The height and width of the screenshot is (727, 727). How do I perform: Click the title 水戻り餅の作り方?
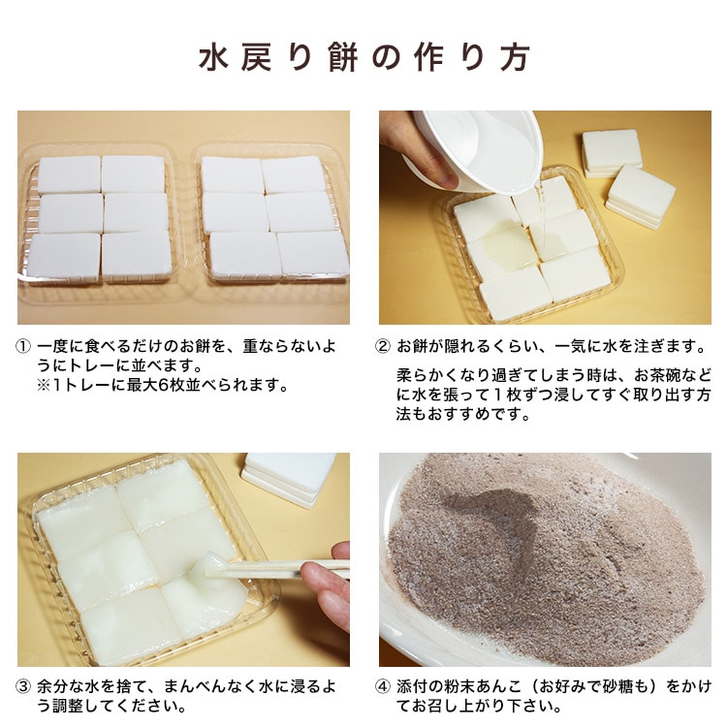(363, 57)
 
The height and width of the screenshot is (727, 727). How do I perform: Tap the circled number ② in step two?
(385, 346)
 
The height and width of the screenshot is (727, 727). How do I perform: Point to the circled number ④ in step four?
(385, 685)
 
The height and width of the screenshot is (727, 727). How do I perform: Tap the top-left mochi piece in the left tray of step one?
(68, 174)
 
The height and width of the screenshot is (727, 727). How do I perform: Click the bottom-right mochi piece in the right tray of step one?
(313, 254)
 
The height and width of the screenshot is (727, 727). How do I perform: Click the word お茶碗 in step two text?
(663, 374)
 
